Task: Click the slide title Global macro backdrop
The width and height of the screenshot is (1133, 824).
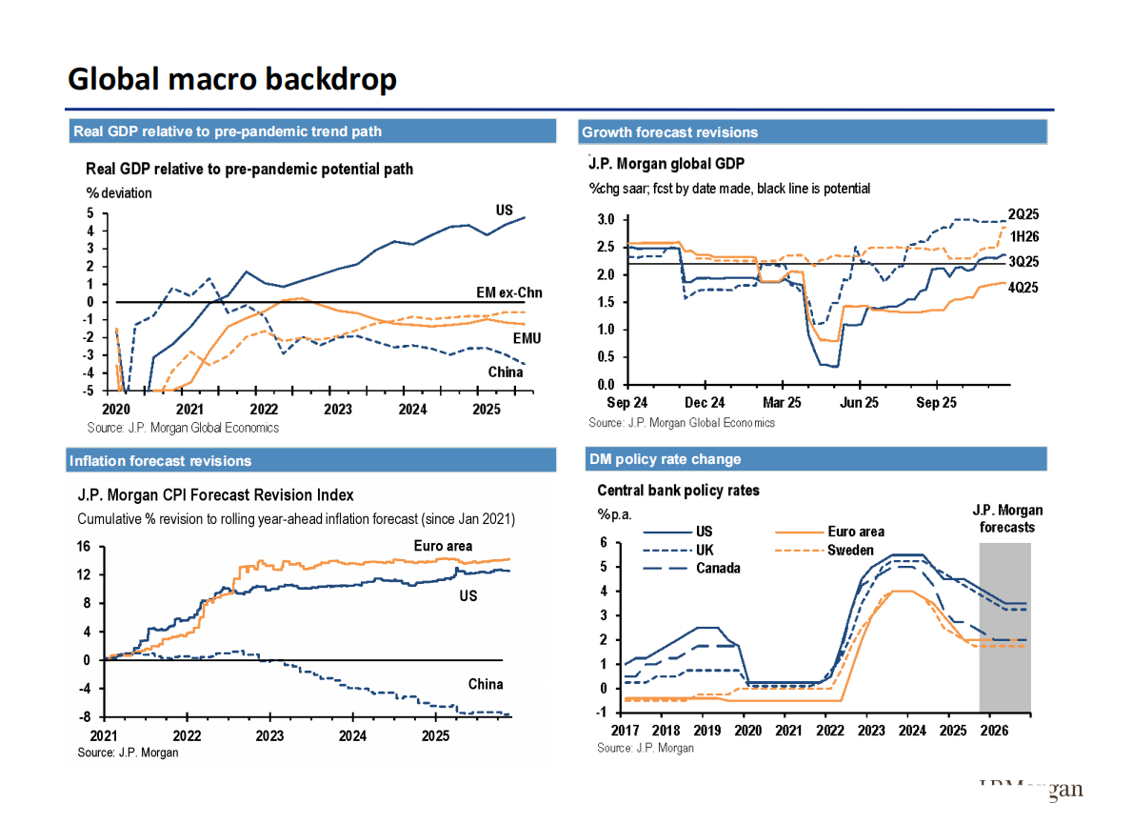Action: pyautogui.click(x=231, y=79)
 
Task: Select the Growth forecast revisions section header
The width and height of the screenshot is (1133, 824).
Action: pyautogui.click(x=669, y=132)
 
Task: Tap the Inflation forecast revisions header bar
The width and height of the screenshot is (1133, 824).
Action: pyautogui.click(x=160, y=461)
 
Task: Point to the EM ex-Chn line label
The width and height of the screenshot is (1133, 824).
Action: pyautogui.click(x=508, y=292)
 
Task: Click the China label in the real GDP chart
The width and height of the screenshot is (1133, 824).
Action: pyautogui.click(x=506, y=372)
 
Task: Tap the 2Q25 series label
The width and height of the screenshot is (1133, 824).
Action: pyautogui.click(x=1023, y=213)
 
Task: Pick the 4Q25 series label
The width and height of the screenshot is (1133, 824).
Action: pyautogui.click(x=1023, y=287)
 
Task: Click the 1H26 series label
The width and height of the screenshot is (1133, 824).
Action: pyautogui.click(x=1023, y=236)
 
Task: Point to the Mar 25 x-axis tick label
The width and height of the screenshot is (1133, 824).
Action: pyautogui.click(x=782, y=403)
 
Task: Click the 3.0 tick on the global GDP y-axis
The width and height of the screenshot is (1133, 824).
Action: pyautogui.click(x=605, y=220)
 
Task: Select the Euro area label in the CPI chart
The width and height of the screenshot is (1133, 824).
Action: pyautogui.click(x=443, y=547)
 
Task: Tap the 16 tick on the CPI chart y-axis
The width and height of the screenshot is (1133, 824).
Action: pyautogui.click(x=83, y=547)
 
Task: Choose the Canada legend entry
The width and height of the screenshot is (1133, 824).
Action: pyautogui.click(x=718, y=569)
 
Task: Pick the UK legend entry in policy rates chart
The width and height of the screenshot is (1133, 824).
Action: pyautogui.click(x=706, y=551)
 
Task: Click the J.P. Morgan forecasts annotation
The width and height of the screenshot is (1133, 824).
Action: pyautogui.click(x=1007, y=518)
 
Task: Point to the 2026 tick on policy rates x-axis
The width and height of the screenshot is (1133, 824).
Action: pyautogui.click(x=994, y=731)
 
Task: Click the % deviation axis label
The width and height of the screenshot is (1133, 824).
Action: pyautogui.click(x=119, y=193)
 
